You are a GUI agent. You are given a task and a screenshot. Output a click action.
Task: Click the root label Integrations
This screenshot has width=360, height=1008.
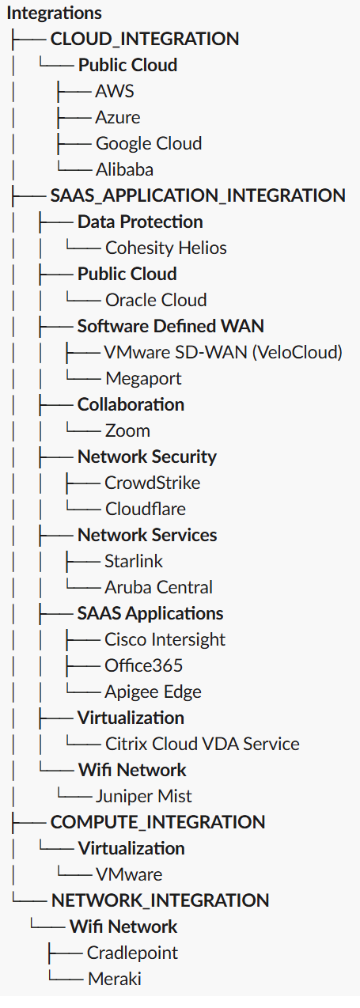click(54, 13)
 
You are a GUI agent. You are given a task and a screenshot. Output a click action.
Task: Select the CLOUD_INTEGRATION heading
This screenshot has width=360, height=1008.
click(144, 39)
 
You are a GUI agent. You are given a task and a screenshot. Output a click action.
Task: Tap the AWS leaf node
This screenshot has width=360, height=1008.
click(115, 91)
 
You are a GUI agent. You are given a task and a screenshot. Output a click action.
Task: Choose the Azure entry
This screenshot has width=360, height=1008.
click(118, 117)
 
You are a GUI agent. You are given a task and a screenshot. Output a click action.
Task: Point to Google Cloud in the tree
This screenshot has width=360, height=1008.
click(149, 143)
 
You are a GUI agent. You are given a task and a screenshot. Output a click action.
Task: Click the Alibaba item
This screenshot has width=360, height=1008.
click(124, 169)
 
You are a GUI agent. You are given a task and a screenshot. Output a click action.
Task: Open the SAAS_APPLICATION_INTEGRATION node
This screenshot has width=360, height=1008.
click(197, 195)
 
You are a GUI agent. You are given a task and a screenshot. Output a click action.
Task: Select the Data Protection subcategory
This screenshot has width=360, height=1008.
click(140, 222)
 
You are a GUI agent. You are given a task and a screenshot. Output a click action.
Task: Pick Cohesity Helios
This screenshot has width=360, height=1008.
click(166, 248)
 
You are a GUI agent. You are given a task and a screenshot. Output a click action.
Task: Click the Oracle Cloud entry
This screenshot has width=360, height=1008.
click(156, 300)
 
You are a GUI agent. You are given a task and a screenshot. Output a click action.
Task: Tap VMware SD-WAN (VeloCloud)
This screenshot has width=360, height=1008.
click(223, 352)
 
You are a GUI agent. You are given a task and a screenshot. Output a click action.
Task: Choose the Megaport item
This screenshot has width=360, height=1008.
click(143, 378)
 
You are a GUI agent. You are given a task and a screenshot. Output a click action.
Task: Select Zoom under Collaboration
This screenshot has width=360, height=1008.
click(127, 430)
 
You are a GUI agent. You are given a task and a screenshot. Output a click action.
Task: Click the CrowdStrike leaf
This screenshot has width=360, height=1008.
click(152, 483)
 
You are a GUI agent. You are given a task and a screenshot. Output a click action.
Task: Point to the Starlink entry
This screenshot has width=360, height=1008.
click(134, 561)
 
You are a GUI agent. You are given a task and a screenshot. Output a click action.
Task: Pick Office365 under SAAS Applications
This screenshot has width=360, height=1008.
click(144, 665)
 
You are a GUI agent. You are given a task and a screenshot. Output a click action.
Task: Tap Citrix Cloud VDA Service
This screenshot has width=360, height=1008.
click(202, 744)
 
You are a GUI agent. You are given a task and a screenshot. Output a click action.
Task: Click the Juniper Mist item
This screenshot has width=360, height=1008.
click(144, 796)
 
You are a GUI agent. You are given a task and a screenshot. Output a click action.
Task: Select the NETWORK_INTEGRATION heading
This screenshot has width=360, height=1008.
click(160, 900)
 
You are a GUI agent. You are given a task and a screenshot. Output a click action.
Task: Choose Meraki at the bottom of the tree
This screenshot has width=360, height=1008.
click(114, 979)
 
